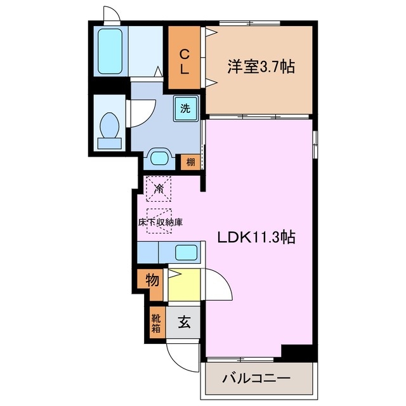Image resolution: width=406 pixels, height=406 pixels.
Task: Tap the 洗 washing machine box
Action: pos(186,108)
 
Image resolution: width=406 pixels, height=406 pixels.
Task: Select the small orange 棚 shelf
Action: pos(190,162)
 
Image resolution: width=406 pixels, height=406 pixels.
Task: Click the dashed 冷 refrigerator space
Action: pos(159,188)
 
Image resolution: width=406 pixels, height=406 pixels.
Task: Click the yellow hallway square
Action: pos(184,284)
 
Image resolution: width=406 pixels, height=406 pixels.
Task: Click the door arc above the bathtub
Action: pos(110,13)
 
